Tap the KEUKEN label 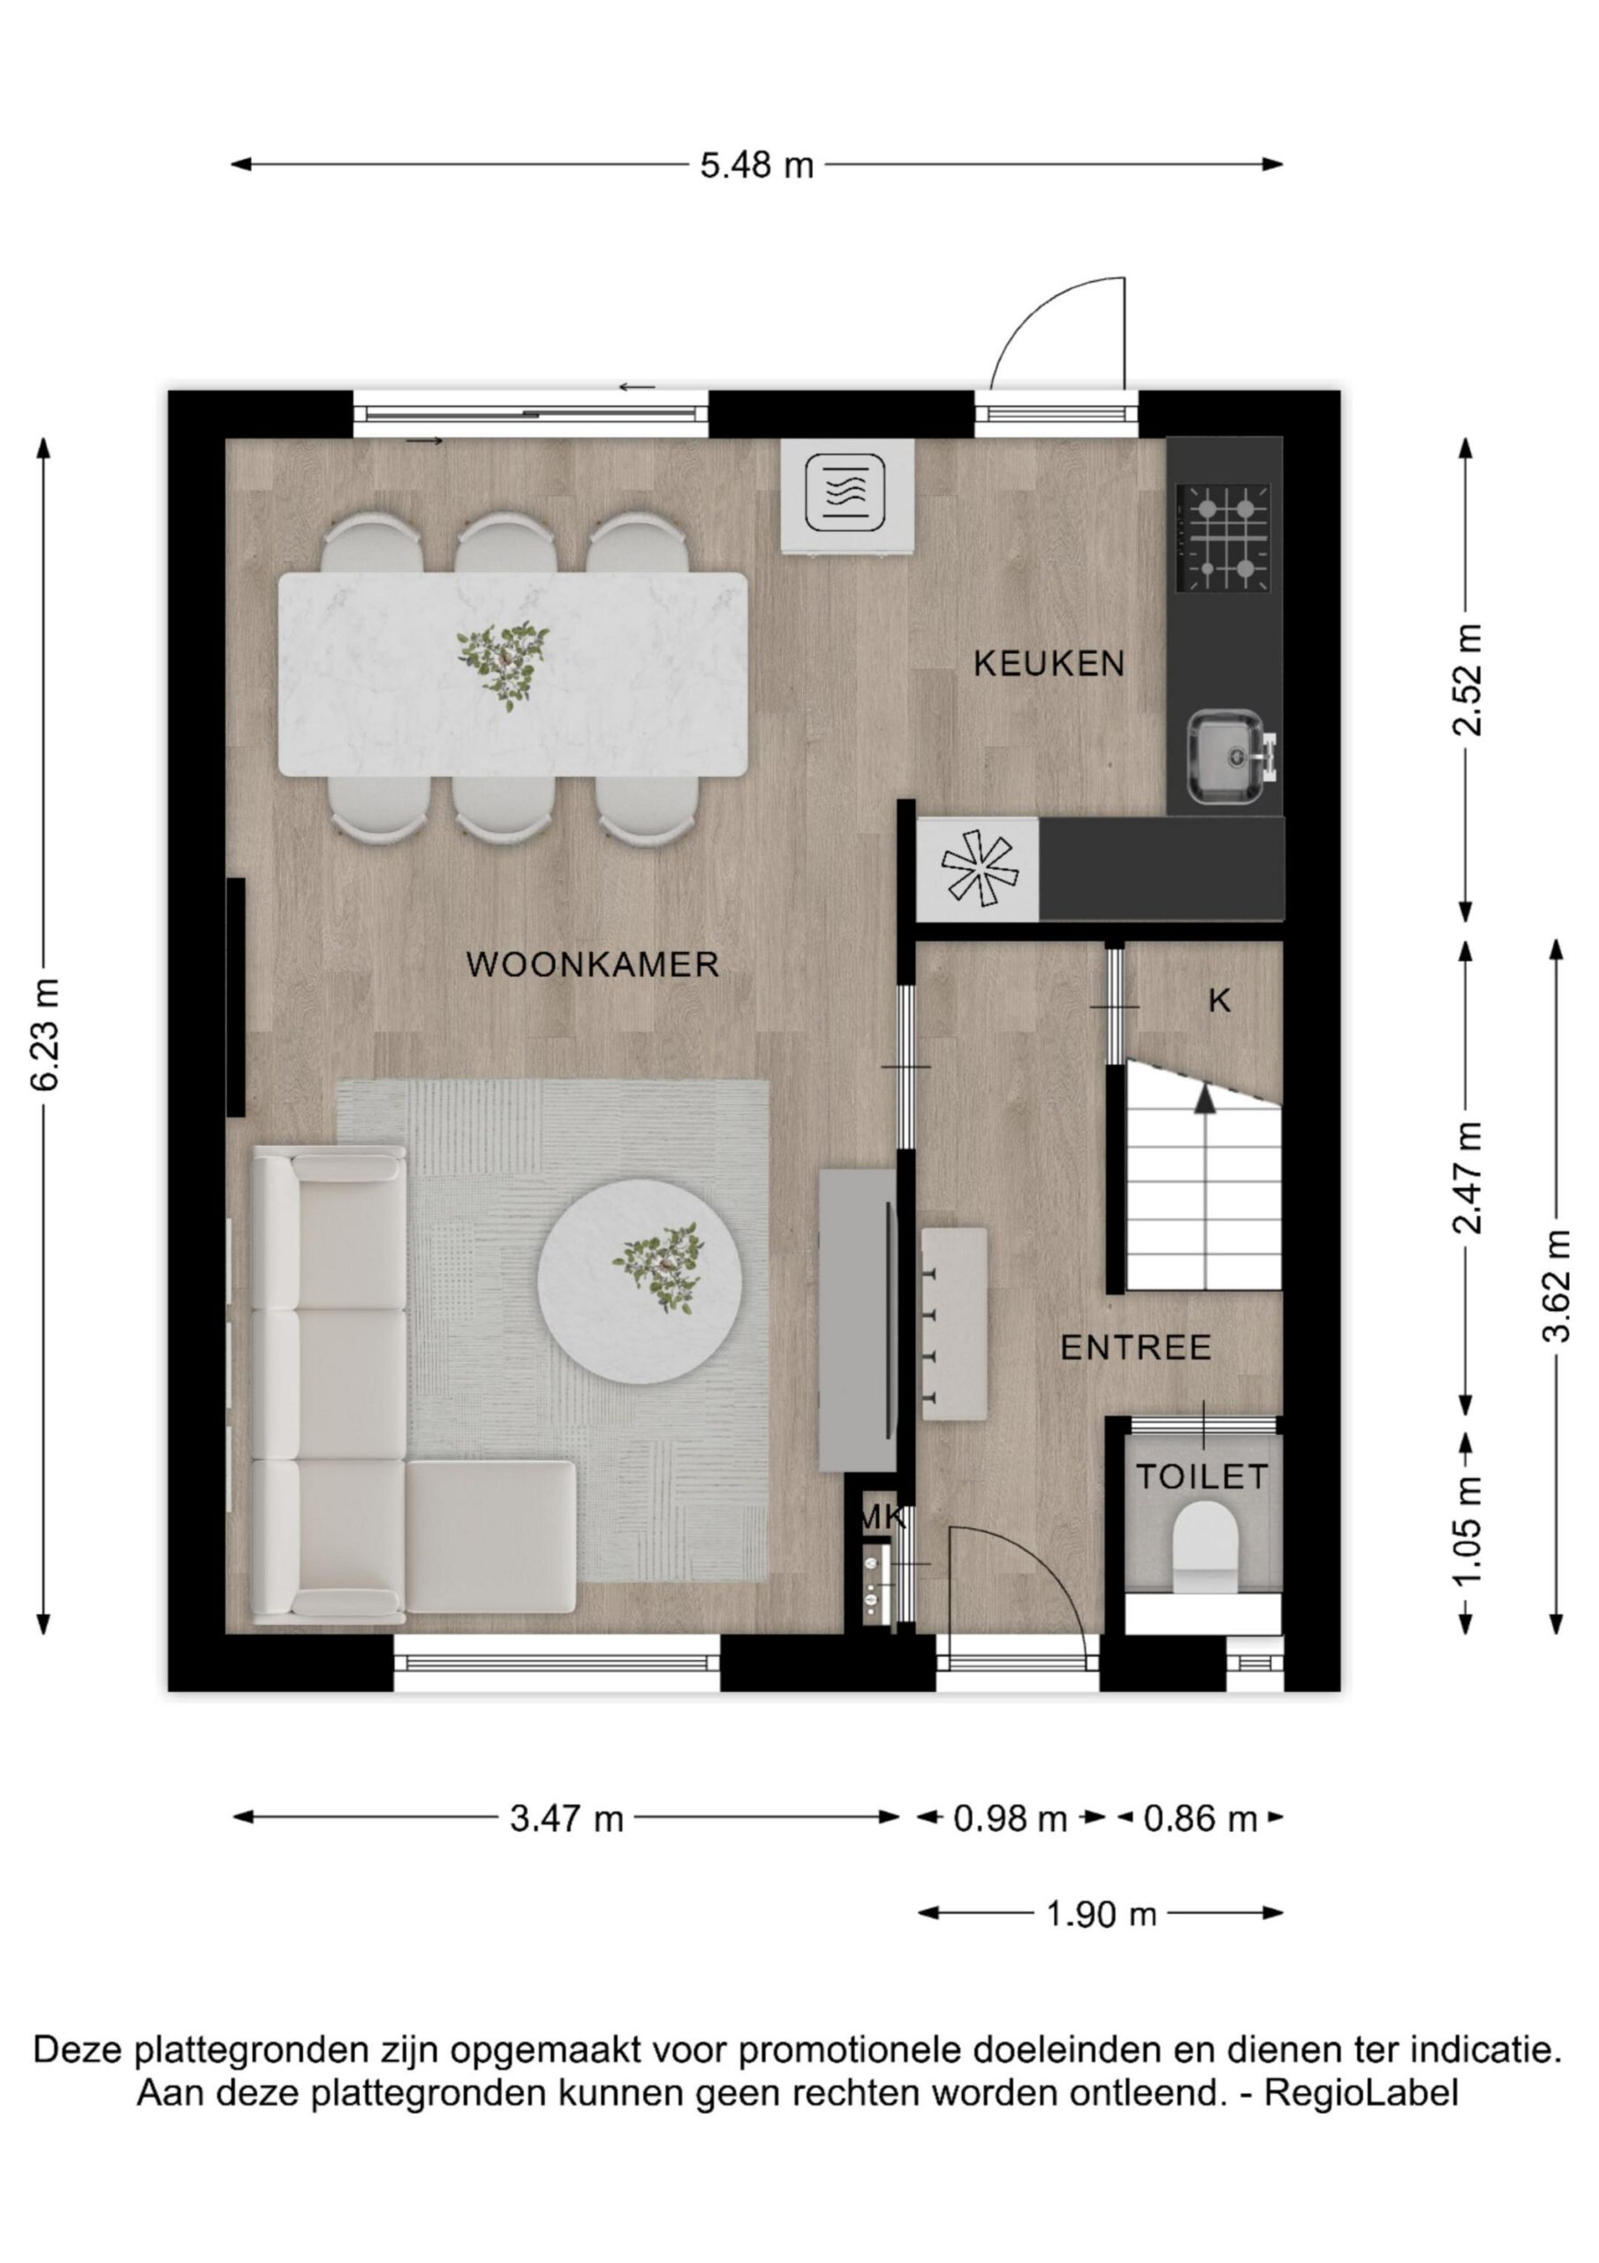pyautogui.click(x=1049, y=663)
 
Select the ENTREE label pyautogui.click(x=1135, y=1347)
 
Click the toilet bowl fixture pyautogui.click(x=1205, y=1546)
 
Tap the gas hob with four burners pyautogui.click(x=1224, y=538)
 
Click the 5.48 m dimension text pyautogui.click(x=756, y=164)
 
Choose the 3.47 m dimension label pyautogui.click(x=566, y=1817)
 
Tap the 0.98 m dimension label pyautogui.click(x=1010, y=1817)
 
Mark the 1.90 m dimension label pyautogui.click(x=1101, y=1914)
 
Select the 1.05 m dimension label pyautogui.click(x=1467, y=1532)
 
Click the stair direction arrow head pyautogui.click(x=1205, y=1101)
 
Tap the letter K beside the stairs pyautogui.click(x=1219, y=1002)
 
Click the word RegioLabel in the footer pyautogui.click(x=1360, y=2092)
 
